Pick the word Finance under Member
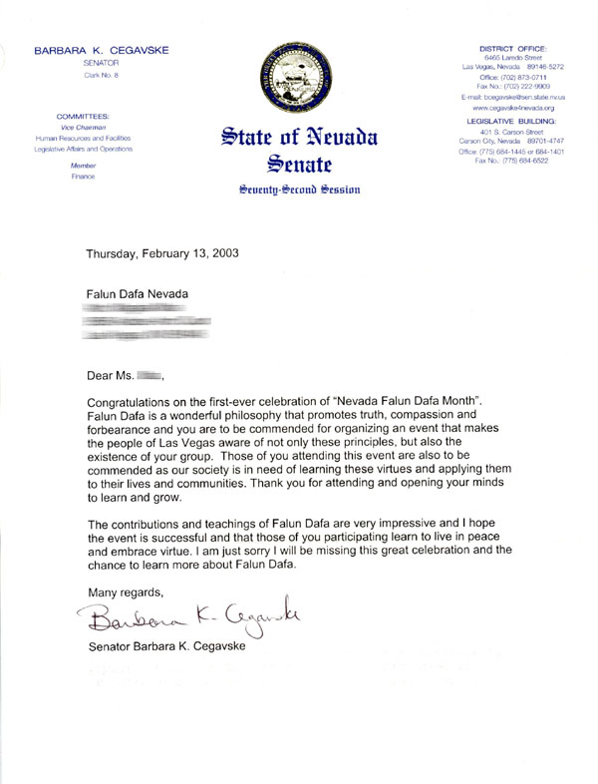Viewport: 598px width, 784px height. pos(84,176)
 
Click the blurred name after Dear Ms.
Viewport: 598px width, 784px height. pos(149,376)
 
